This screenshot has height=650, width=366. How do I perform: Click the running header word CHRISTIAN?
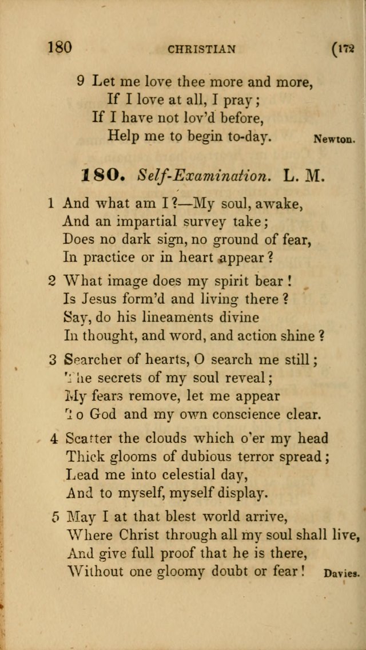[x=201, y=49]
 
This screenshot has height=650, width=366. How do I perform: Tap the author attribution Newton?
[x=335, y=138]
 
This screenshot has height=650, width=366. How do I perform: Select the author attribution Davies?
[x=341, y=572]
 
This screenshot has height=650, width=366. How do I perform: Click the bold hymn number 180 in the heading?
[x=103, y=175]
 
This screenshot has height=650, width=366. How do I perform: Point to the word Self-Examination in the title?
[x=203, y=176]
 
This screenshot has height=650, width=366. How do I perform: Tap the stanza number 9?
[x=81, y=81]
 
